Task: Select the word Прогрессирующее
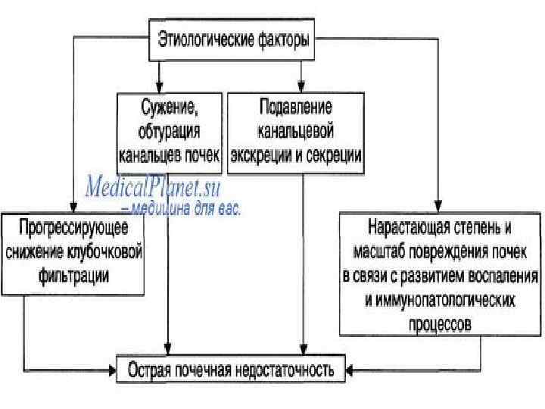click(x=73, y=229)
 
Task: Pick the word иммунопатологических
click(x=440, y=300)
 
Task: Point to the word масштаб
click(x=379, y=251)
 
